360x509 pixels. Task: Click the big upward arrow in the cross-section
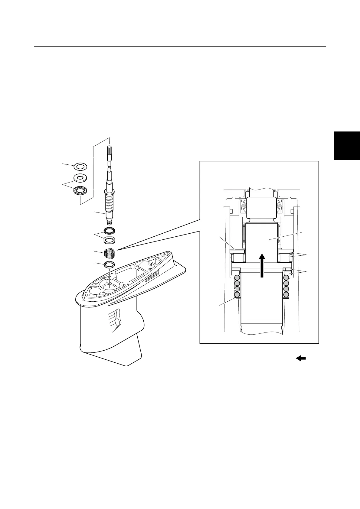coord(262,265)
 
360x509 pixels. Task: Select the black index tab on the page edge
coord(347,145)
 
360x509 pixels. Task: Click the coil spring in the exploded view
coord(110,253)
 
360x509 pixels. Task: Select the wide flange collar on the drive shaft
coord(110,192)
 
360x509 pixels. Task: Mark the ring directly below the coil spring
coord(110,265)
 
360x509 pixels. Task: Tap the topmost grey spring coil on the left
coord(237,277)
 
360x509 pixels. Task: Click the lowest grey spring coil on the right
coord(286,294)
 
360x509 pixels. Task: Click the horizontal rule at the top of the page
coord(180,47)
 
